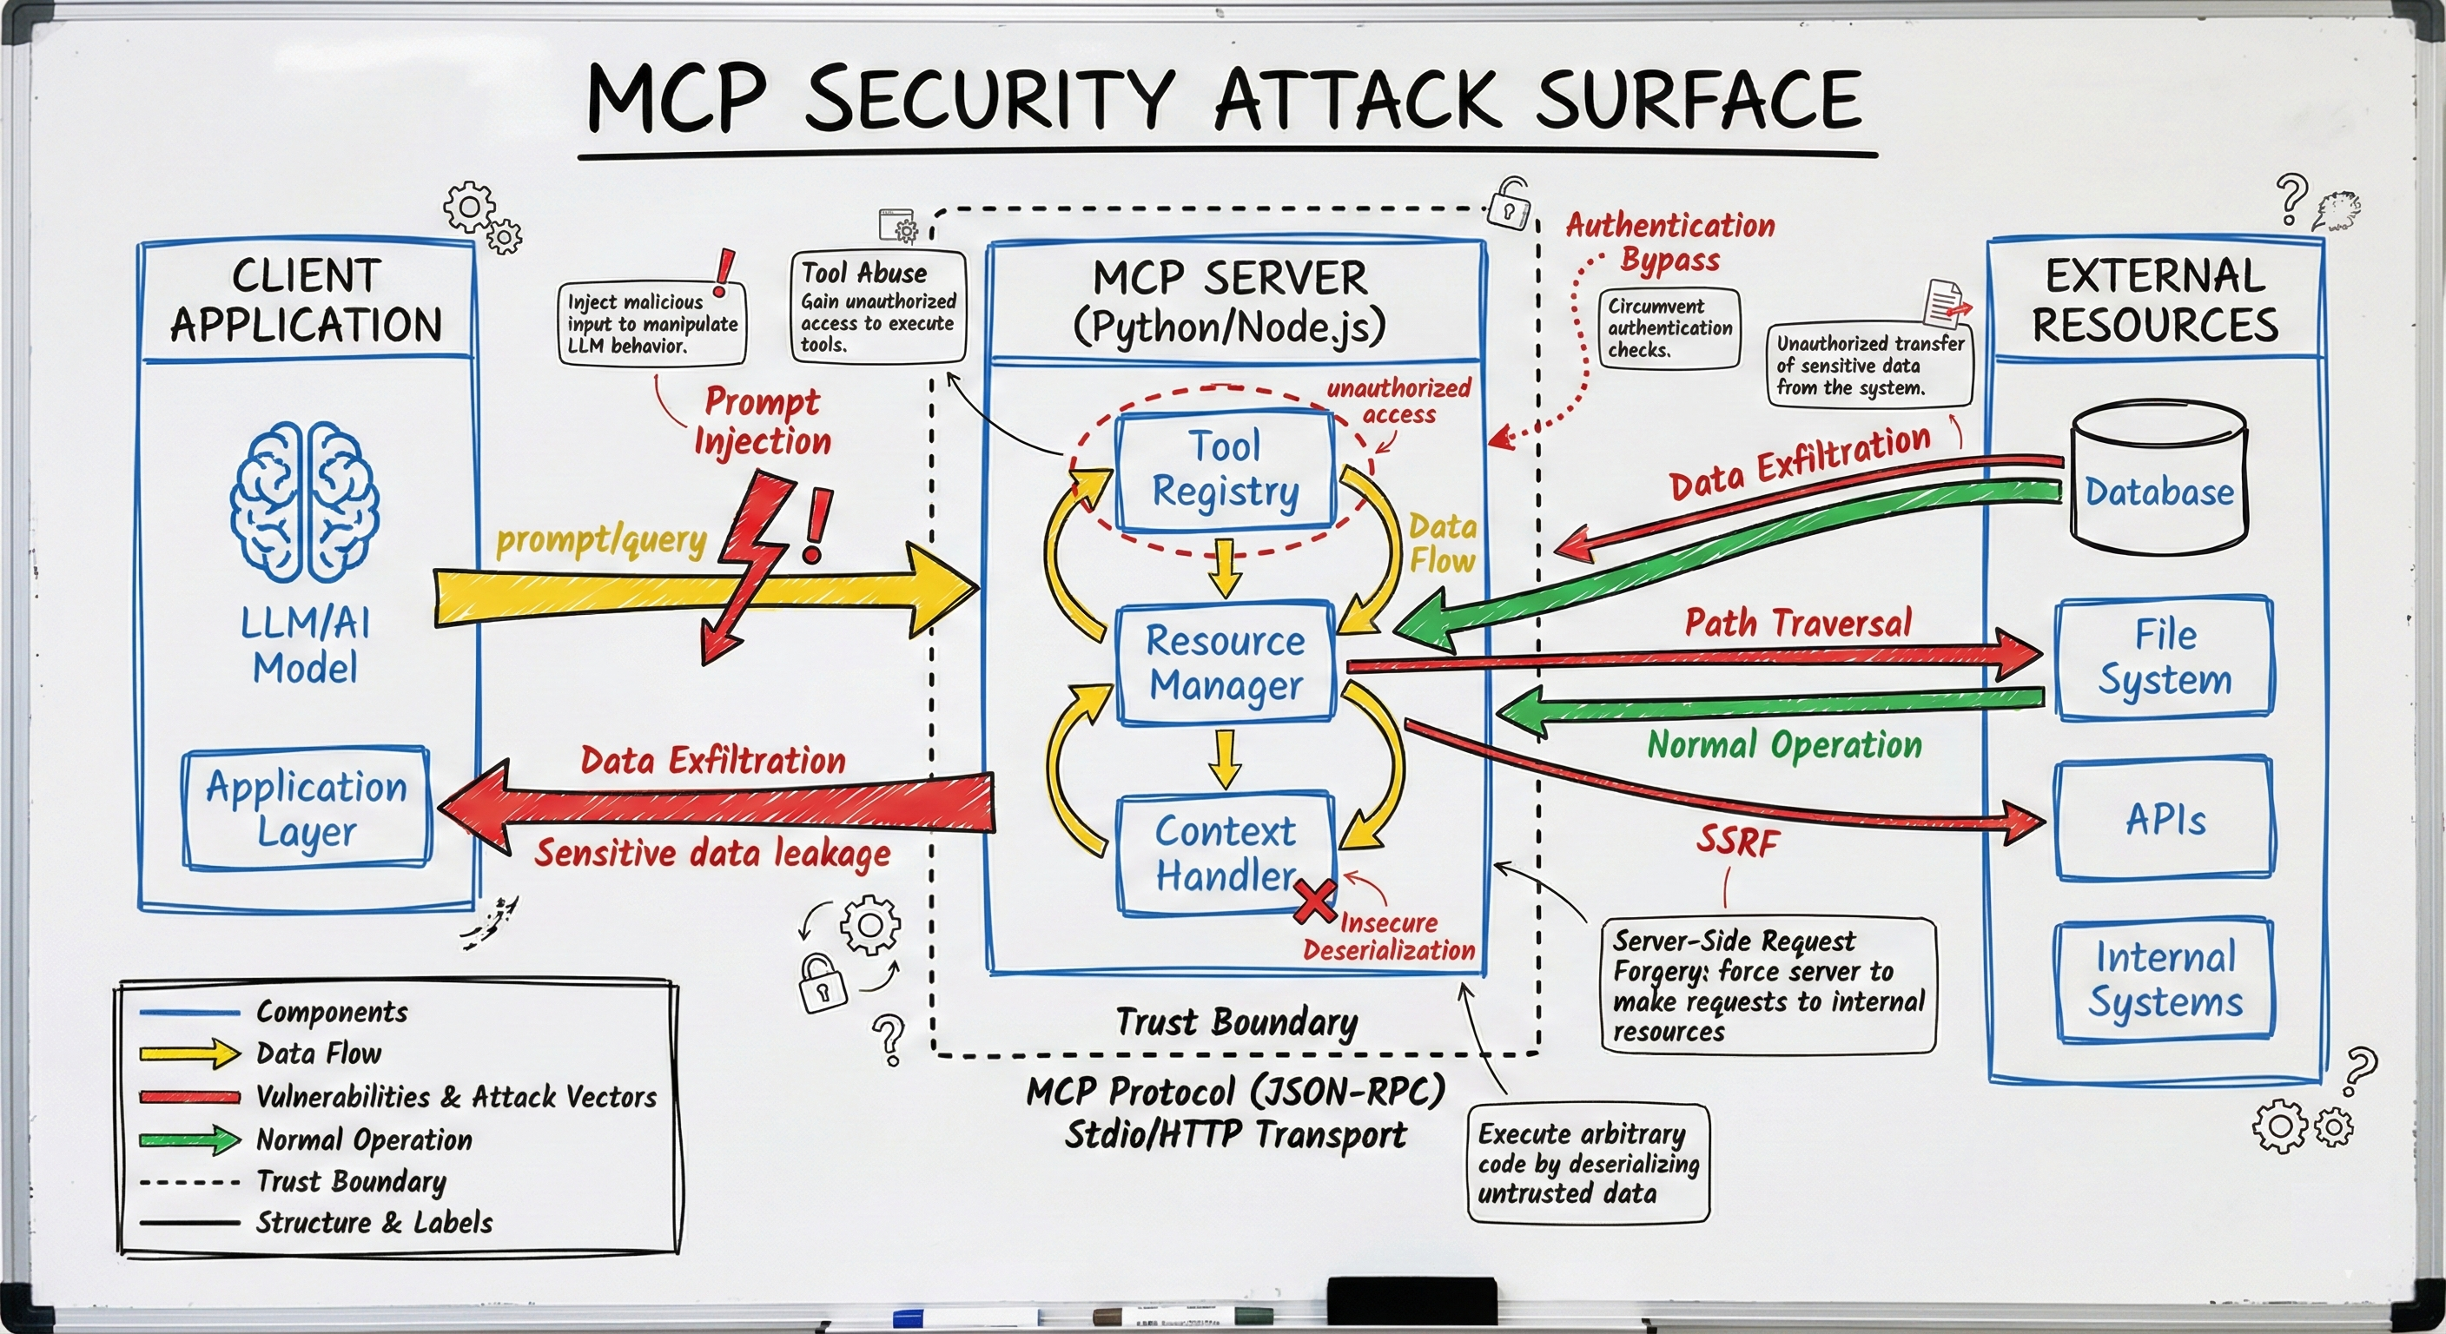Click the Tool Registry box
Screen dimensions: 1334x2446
pos(1225,470)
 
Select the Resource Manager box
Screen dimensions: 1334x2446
pos(1225,663)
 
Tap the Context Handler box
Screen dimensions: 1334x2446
pos(1225,854)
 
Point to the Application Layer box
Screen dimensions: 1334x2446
pos(306,808)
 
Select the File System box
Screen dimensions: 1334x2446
pos(2164,656)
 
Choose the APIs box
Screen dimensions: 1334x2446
pos(2164,818)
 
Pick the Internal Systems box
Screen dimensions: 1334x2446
pos(2164,979)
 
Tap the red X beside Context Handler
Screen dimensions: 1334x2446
pos(1315,901)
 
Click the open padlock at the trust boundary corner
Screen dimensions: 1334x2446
pos(1508,202)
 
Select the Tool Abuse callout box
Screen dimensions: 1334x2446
pos(877,307)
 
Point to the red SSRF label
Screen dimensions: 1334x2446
pos(1737,842)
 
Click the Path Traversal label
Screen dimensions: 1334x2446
pos(1797,623)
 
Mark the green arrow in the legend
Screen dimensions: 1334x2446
pos(190,1139)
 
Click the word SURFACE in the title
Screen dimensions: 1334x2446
pos(1698,100)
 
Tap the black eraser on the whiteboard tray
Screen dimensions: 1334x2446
pos(1411,1300)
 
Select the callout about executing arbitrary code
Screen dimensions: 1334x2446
pos(1588,1163)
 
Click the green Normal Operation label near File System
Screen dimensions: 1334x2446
pos(1784,745)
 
